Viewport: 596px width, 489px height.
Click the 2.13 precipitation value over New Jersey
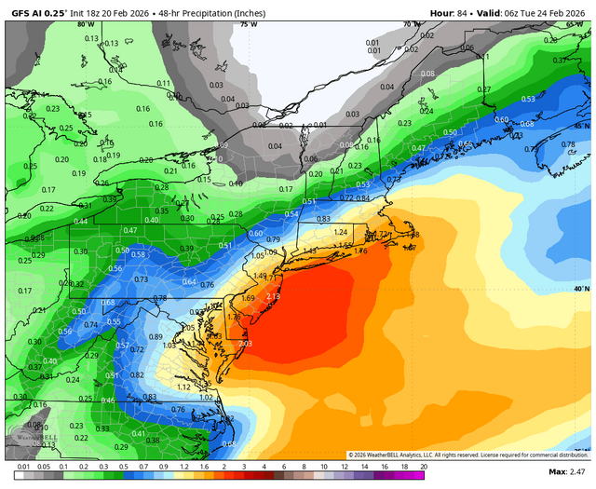pos(273,296)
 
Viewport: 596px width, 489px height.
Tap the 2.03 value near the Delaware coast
pos(245,344)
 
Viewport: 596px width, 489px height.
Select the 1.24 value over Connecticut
pos(341,232)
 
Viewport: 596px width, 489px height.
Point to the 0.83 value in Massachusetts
pos(323,218)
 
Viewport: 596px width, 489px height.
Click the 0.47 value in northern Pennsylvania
pos(129,230)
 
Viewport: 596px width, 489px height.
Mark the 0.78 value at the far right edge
pos(569,144)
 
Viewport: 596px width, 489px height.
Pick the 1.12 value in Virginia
pos(183,387)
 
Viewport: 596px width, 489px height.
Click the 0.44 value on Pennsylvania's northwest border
pos(80,221)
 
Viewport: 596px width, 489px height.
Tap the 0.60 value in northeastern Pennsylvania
pos(256,233)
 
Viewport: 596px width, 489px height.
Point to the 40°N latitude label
pos(581,289)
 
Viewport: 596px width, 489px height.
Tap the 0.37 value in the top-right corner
pos(561,61)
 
